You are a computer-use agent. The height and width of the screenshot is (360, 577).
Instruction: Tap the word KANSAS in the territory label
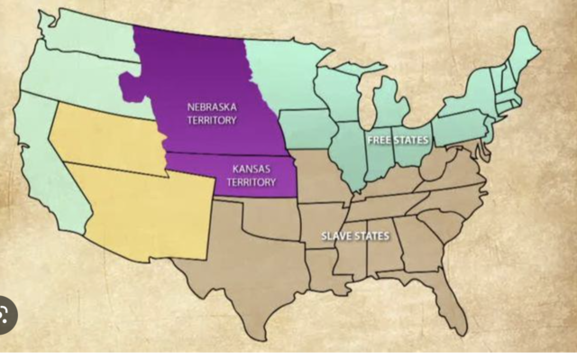click(x=252, y=168)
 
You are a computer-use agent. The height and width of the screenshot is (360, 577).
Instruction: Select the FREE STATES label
click(x=398, y=140)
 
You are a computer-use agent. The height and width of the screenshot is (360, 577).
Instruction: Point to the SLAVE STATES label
click(x=355, y=236)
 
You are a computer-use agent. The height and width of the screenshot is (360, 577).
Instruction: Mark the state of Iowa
click(x=312, y=127)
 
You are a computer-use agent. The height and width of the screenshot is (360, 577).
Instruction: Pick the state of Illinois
click(x=351, y=150)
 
